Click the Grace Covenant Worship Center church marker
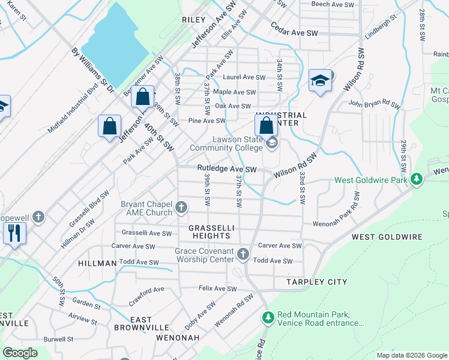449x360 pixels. [243, 255]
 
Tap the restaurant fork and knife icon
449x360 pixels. [14, 232]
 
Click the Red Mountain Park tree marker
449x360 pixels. [268, 316]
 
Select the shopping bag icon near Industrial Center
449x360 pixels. [267, 125]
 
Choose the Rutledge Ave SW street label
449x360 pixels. [227, 169]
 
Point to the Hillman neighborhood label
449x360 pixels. [97, 263]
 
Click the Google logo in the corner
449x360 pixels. [20, 352]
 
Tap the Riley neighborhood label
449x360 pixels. [194, 20]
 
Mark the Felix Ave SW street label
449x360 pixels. [218, 289]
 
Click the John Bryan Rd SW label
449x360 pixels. [374, 104]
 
